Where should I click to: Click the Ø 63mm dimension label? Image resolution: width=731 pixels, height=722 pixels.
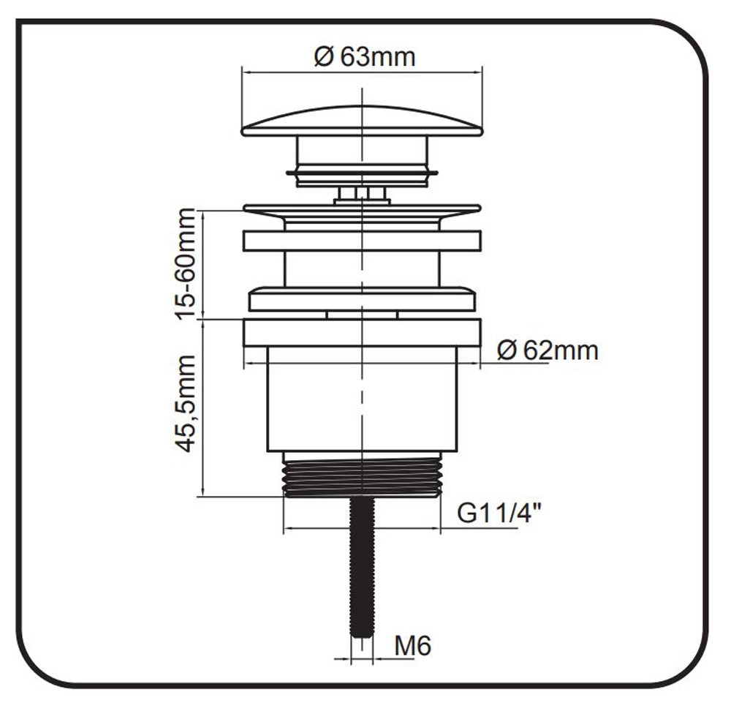pos(364,57)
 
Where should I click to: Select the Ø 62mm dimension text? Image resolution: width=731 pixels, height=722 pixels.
pos(548,350)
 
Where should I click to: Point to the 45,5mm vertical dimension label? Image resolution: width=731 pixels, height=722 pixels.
pos(186,404)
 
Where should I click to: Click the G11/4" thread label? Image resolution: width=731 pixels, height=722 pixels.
pos(499,514)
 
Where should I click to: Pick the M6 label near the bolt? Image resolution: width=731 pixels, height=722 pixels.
pos(412,646)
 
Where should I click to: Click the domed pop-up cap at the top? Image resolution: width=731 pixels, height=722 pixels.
pos(363,121)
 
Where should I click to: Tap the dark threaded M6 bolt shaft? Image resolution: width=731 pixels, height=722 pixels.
pos(362,567)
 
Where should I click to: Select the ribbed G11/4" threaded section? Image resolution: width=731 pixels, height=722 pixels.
pos(362,475)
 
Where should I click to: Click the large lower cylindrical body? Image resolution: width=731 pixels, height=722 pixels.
pos(362,399)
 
